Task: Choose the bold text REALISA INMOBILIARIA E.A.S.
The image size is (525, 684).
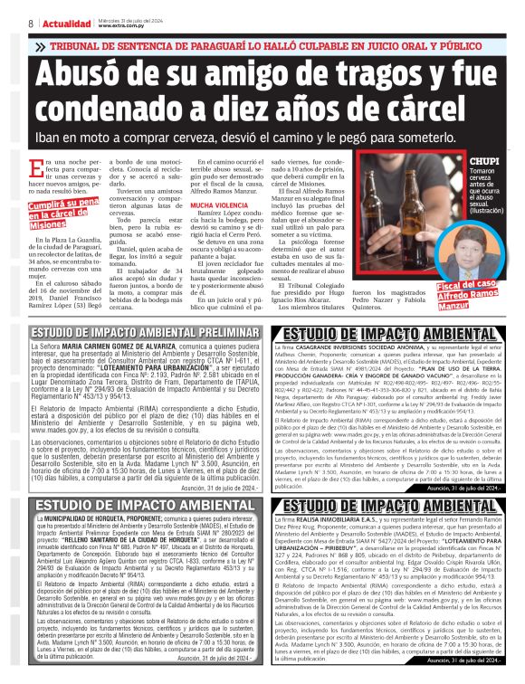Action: pyautogui.click(x=343, y=520)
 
